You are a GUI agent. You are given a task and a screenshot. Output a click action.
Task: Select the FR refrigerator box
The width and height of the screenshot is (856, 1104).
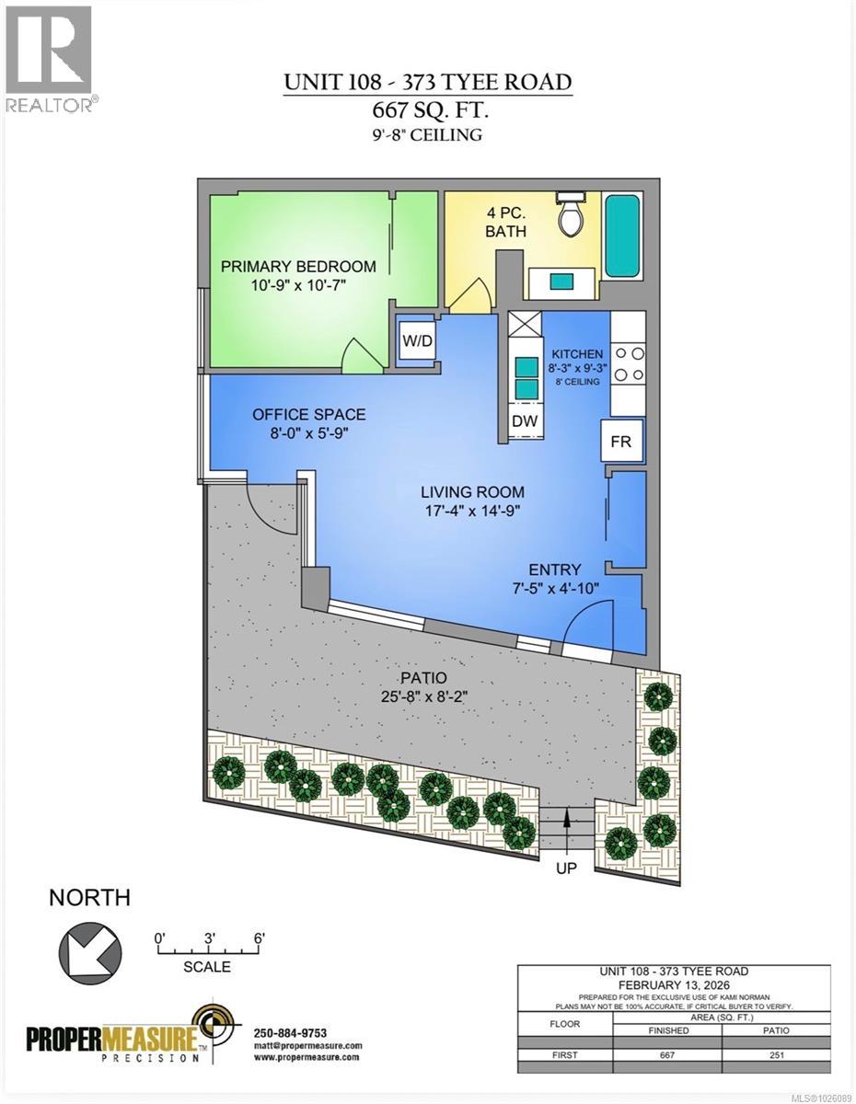(x=620, y=442)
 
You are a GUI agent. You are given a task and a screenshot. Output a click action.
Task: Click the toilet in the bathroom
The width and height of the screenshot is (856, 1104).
(x=571, y=215)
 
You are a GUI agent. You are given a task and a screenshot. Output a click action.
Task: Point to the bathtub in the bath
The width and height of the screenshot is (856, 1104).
(x=624, y=236)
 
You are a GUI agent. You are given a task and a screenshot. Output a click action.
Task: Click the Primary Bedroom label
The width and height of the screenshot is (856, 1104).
(x=298, y=266)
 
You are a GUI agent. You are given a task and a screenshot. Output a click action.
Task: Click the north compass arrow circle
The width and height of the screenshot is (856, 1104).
(x=90, y=948)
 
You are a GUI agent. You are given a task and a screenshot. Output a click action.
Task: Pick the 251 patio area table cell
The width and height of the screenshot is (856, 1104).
(x=775, y=1055)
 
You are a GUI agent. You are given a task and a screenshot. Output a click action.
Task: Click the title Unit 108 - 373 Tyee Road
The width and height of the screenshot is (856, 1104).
(x=427, y=82)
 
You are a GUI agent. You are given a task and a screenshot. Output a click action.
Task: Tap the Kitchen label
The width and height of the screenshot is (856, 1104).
(x=576, y=354)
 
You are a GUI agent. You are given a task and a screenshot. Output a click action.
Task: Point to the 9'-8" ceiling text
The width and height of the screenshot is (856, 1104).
(x=427, y=135)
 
